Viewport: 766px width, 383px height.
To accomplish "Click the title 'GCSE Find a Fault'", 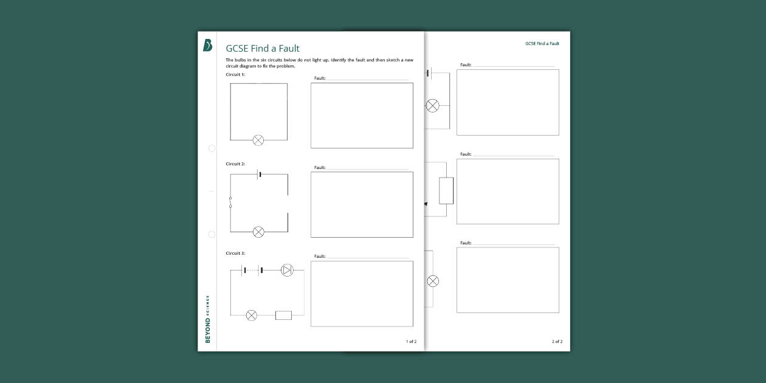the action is click(x=262, y=48).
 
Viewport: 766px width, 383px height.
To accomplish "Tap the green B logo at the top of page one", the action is click(x=207, y=45).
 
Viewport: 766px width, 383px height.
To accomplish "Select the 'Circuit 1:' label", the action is click(x=235, y=74).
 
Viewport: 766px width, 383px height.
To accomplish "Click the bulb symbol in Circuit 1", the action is click(x=258, y=140).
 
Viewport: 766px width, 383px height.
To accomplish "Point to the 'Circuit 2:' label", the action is click(x=235, y=164).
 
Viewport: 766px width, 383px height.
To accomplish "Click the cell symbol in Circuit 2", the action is click(x=259, y=174).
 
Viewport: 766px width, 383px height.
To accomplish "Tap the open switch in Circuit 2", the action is click(x=230, y=202).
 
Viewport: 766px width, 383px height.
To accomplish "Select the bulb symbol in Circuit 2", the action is click(x=258, y=232).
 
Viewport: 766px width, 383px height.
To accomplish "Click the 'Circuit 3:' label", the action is click(x=235, y=253).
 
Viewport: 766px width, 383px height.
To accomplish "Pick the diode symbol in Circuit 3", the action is click(x=287, y=270).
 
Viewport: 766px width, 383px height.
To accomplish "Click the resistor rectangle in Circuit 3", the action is click(x=283, y=316).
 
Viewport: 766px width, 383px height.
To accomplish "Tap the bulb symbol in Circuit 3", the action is click(x=251, y=316).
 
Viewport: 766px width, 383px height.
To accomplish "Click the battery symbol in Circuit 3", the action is click(x=252, y=270).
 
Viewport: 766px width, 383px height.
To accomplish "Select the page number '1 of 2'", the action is click(x=411, y=341).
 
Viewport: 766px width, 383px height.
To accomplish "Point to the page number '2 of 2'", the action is click(x=557, y=341).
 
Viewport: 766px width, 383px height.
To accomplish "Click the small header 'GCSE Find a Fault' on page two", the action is click(x=542, y=43).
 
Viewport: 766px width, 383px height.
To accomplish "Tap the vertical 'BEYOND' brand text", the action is click(x=207, y=330).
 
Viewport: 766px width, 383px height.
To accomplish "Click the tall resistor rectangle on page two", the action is click(x=446, y=191).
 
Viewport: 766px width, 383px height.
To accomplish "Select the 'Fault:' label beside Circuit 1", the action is click(x=320, y=78).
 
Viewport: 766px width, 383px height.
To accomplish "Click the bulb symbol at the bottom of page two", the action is click(x=433, y=281).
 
